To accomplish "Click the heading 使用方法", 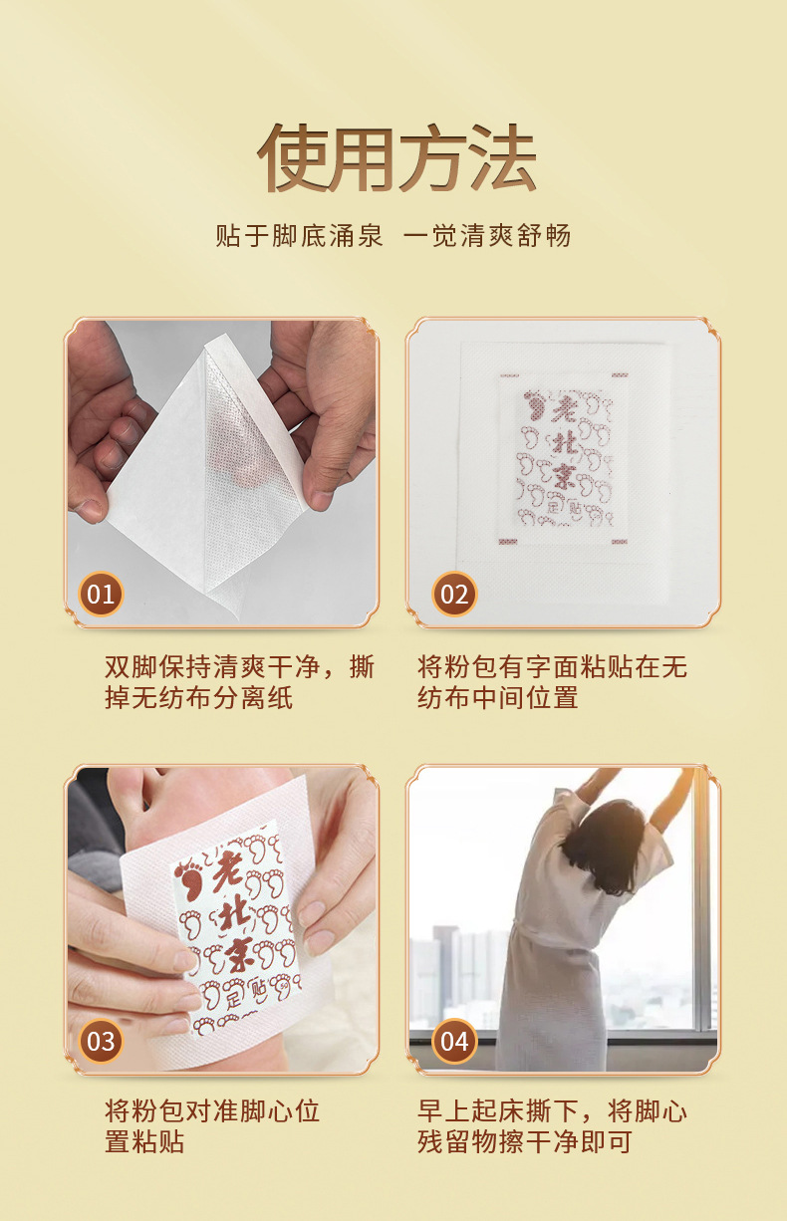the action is pyautogui.click(x=396, y=158).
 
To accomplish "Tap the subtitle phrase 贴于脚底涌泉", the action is pyautogui.click(x=300, y=236).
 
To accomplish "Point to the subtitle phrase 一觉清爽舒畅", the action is pyautogui.click(x=487, y=236).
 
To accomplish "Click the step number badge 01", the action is pyautogui.click(x=101, y=594).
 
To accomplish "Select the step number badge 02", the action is pyautogui.click(x=454, y=594).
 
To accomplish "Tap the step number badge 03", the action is pyautogui.click(x=101, y=1041).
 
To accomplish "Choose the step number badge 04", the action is pyautogui.click(x=454, y=1041).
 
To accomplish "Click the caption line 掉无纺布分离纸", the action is pyautogui.click(x=199, y=698).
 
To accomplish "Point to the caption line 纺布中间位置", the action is pyautogui.click(x=497, y=698).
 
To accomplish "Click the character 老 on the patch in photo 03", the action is pyautogui.click(x=227, y=871).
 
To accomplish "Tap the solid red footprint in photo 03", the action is pyautogui.click(x=190, y=877).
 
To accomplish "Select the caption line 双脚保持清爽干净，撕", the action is pyautogui.click(x=239, y=666).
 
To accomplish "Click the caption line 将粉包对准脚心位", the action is pyautogui.click(x=212, y=1110).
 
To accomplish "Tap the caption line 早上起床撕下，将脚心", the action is pyautogui.click(x=552, y=1110).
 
